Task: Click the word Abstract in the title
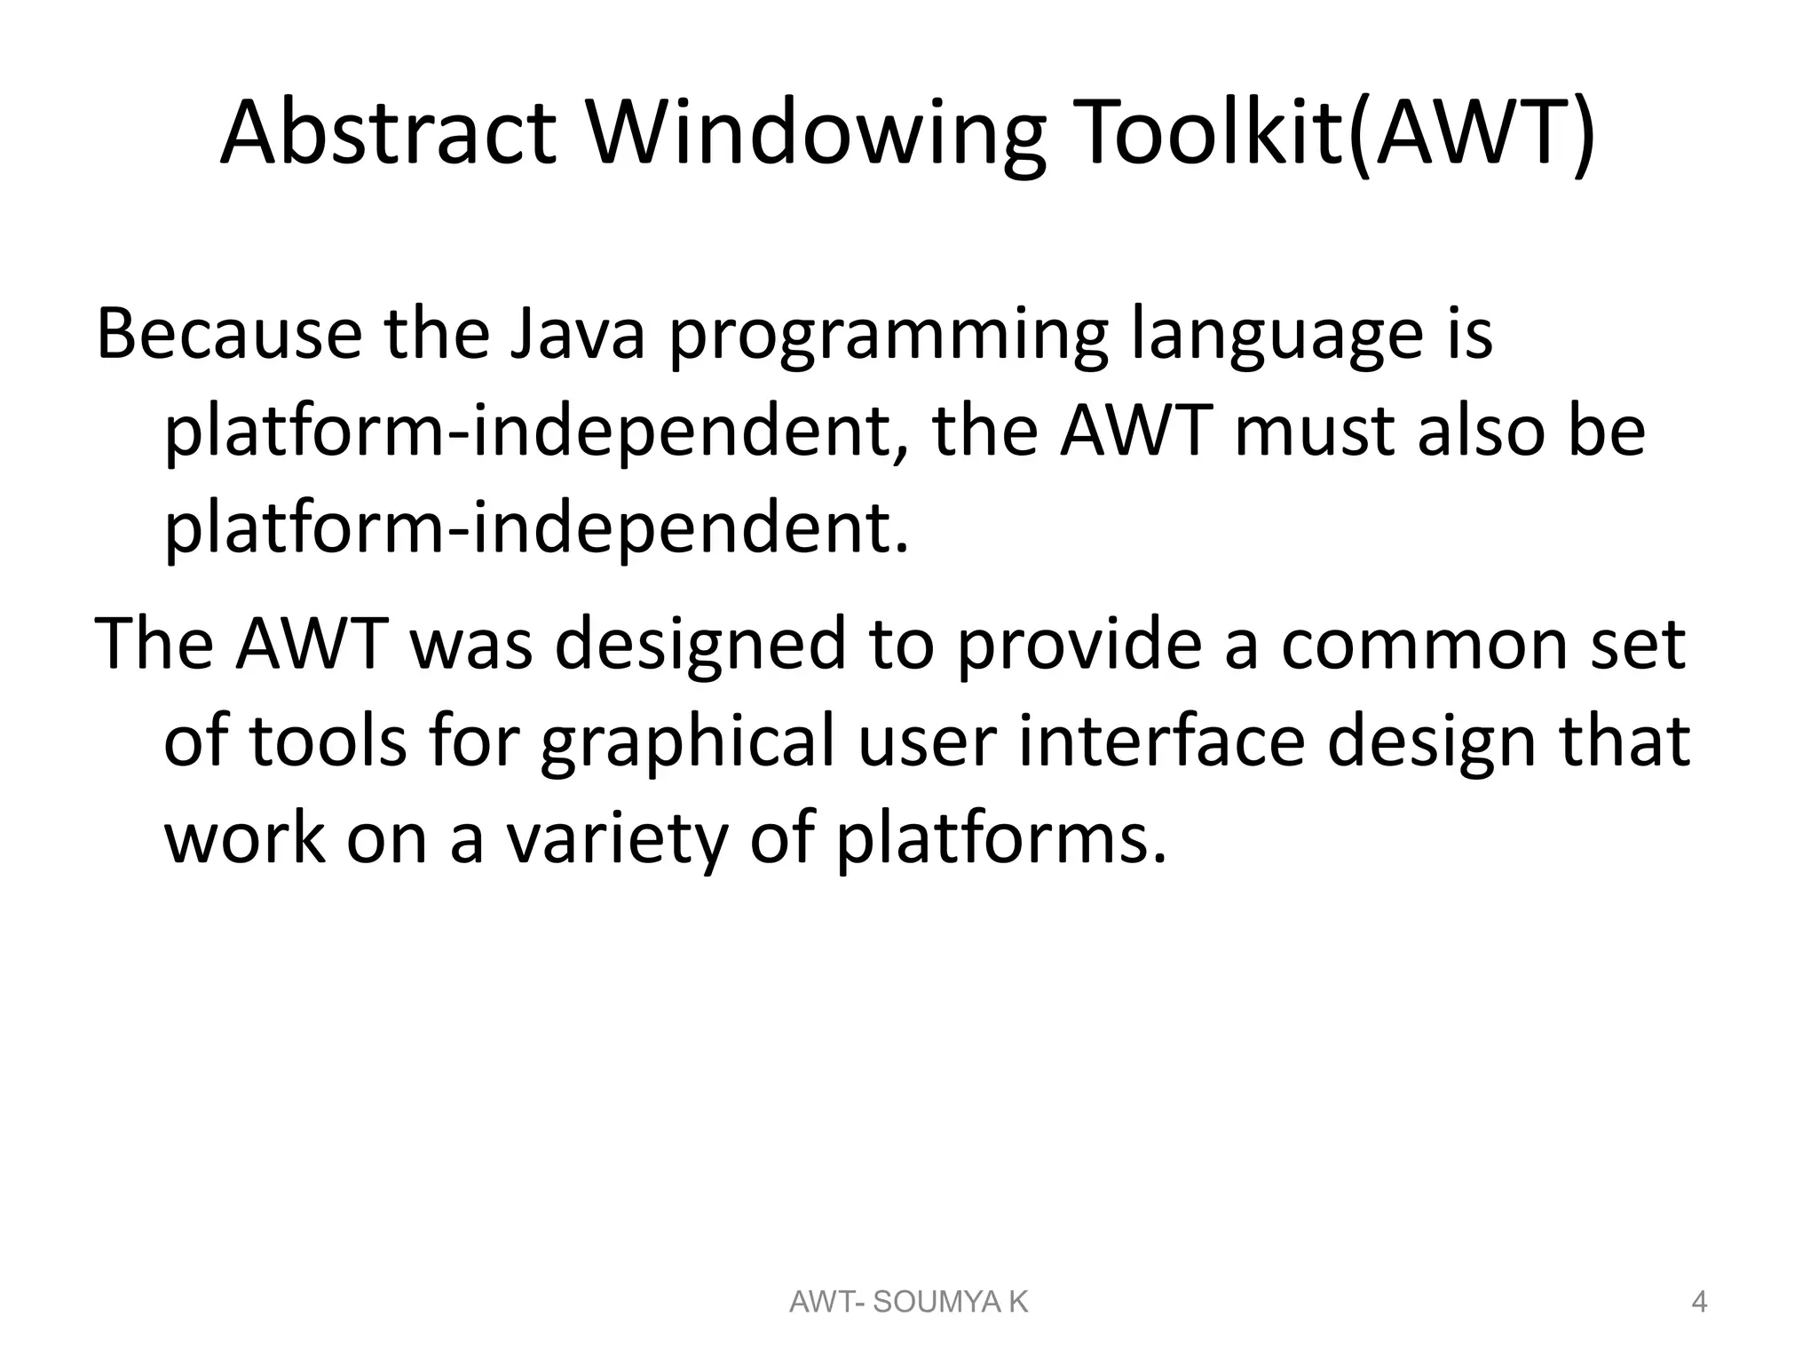click(388, 135)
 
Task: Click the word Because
click(229, 334)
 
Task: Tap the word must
click(1315, 432)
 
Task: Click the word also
click(1470, 432)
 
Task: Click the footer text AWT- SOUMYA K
click(908, 1303)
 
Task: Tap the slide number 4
click(1699, 1303)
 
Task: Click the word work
click(245, 839)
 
